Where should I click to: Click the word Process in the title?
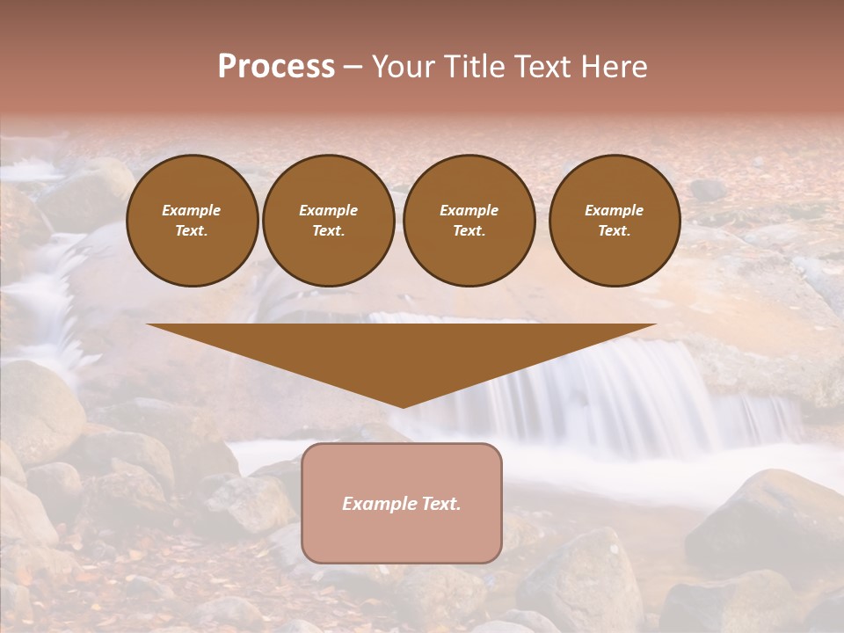pos(276,67)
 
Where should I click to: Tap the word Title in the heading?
pos(473,67)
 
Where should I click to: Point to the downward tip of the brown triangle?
pos(403,405)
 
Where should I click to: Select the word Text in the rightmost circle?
pos(614,231)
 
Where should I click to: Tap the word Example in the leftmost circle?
pos(192,210)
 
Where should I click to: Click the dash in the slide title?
pos(353,68)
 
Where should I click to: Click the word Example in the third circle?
pos(469,210)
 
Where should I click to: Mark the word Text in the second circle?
pos(328,231)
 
